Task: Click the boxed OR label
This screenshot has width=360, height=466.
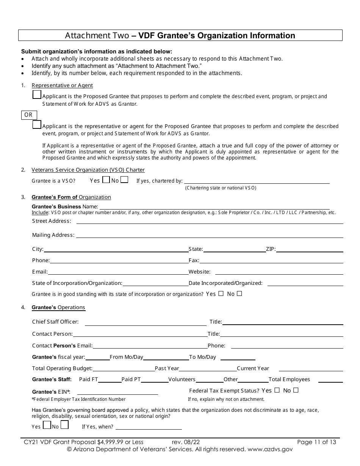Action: (28, 115)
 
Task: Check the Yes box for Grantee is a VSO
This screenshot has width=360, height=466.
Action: (106, 180)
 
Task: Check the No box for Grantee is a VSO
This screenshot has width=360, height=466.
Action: (124, 180)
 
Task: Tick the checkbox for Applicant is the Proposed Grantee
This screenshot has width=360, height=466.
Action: (37, 95)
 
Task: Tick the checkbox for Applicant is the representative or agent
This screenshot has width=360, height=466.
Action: (37, 124)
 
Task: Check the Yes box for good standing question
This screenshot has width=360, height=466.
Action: (221, 294)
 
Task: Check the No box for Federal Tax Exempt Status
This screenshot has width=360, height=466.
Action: (296, 390)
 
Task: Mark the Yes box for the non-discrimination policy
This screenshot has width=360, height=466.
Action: (47, 425)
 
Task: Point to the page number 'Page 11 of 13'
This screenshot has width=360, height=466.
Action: (316, 442)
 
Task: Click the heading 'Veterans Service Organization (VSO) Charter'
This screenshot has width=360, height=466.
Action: (88, 170)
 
